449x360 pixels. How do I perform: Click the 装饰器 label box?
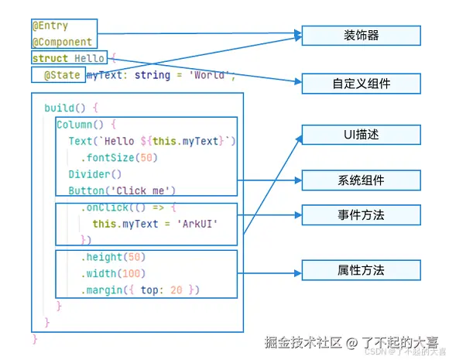(361, 36)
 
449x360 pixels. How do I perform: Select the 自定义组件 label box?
(361, 84)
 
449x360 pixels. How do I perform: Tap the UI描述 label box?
(361, 135)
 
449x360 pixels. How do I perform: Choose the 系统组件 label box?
(361, 180)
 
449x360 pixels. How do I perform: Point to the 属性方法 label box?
(361, 270)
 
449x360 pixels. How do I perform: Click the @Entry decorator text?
(51, 26)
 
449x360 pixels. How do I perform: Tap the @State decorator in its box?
(63, 75)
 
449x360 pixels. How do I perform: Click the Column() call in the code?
(80, 124)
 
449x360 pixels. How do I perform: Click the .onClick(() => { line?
(129, 207)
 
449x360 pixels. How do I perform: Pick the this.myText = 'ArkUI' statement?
(156, 224)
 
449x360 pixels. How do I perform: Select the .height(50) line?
(113, 257)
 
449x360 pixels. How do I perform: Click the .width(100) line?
(113, 273)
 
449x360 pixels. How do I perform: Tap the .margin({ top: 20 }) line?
(140, 290)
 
